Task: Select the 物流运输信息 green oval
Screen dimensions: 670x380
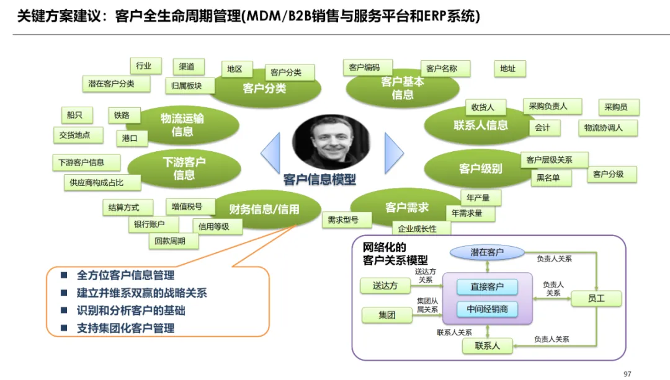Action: pyautogui.click(x=182, y=125)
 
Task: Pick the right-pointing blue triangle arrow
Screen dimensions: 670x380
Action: pyautogui.click(x=393, y=152)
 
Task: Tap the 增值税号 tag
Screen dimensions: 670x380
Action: pyautogui.click(x=184, y=206)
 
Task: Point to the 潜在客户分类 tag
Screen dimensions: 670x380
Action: pyautogui.click(x=111, y=84)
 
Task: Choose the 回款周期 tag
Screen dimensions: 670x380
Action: pyautogui.click(x=170, y=241)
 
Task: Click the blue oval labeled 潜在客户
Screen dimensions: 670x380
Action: pyautogui.click(x=488, y=252)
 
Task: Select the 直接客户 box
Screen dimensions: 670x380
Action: pyautogui.click(x=486, y=287)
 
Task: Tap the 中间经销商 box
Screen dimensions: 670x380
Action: pyautogui.click(x=486, y=308)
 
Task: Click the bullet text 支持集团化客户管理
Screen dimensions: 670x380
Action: pyautogui.click(x=125, y=328)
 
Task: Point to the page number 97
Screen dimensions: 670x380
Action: pyautogui.click(x=627, y=373)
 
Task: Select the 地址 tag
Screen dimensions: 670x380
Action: pyautogui.click(x=508, y=69)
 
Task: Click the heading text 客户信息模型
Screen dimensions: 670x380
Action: pyautogui.click(x=320, y=180)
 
